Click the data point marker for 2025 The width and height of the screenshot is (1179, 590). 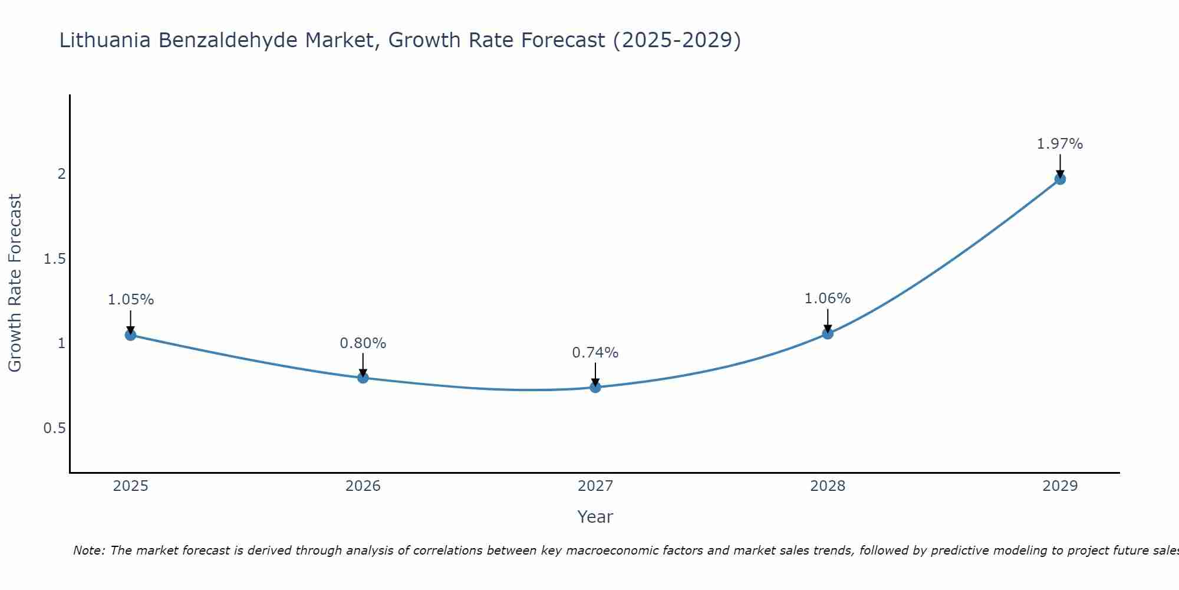(x=130, y=335)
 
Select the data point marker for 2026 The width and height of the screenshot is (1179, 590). (x=363, y=378)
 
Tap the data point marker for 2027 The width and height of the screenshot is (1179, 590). (x=595, y=387)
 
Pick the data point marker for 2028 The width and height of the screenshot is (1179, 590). (x=828, y=333)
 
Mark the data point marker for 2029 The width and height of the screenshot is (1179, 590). (x=1060, y=179)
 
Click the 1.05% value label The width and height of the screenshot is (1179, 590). (x=130, y=300)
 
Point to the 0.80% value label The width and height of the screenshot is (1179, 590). (x=363, y=343)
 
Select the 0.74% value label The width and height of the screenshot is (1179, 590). (x=595, y=353)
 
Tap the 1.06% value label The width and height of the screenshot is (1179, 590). (x=828, y=299)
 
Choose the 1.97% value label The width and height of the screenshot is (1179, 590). (x=1060, y=144)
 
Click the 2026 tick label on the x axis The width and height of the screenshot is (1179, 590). (x=363, y=486)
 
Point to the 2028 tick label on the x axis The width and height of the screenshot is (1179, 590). (x=828, y=486)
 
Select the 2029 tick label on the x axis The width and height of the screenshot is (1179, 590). (x=1060, y=486)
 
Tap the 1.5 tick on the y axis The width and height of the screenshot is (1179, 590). (x=54, y=259)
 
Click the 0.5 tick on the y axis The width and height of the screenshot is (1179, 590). (x=54, y=428)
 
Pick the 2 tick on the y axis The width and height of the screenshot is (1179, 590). (x=61, y=174)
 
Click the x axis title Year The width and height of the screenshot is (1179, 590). (x=595, y=517)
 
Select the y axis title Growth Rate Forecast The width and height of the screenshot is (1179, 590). (x=15, y=283)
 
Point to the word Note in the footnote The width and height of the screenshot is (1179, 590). (x=88, y=550)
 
